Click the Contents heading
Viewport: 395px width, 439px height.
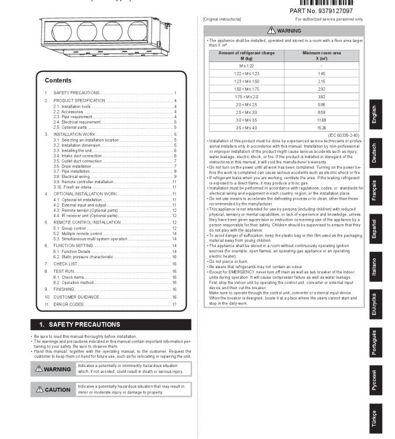[58, 81]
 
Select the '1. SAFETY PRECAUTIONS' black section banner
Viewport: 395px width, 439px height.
[110, 324]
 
